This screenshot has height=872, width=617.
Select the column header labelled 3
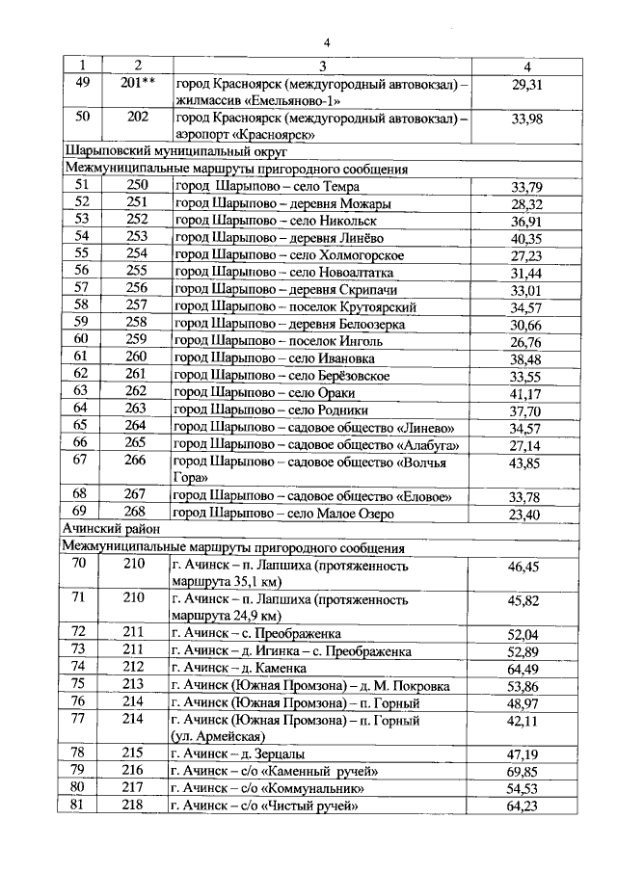(323, 66)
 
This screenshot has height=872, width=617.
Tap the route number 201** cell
(136, 84)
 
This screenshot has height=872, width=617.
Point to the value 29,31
(527, 85)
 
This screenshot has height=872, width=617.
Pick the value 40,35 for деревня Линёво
(527, 238)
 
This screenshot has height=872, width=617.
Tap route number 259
(136, 341)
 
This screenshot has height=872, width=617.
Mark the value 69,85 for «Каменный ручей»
(527, 771)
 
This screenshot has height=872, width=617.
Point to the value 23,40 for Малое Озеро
(527, 514)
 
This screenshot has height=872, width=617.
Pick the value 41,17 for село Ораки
(527, 393)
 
